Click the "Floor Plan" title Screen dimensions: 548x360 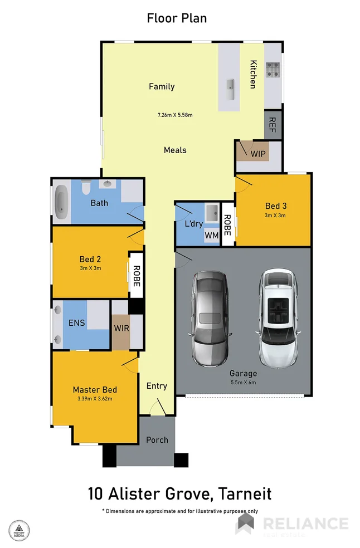pos(177,18)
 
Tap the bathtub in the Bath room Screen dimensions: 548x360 pos(61,202)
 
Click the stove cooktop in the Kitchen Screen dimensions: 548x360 pos(273,70)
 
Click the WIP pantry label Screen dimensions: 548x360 pos(258,153)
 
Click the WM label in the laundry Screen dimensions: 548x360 pos(212,236)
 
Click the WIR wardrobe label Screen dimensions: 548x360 pos(121,328)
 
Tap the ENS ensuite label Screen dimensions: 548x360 pos(76,322)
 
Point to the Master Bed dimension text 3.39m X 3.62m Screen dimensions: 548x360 pos(95,399)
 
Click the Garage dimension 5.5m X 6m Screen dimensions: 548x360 pos(244,383)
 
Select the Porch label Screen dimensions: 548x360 pos(157,440)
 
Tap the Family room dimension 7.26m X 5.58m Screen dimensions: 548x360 pos(174,115)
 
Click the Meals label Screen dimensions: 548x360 pos(175,150)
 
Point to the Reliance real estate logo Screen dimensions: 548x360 pos(293,525)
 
